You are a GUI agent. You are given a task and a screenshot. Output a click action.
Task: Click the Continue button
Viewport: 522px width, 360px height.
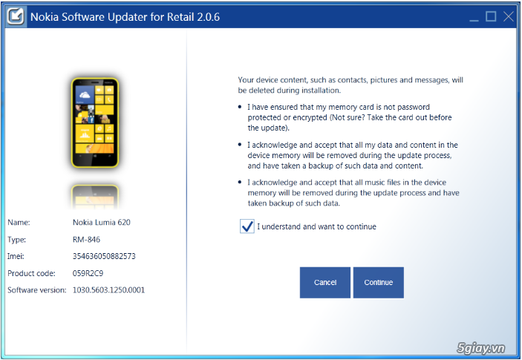(379, 283)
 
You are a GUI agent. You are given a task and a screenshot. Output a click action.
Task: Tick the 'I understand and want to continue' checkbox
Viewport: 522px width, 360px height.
(247, 226)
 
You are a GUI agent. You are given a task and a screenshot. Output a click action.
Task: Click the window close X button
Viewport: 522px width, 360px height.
(509, 16)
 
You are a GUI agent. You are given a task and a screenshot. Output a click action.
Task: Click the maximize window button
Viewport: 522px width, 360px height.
(491, 16)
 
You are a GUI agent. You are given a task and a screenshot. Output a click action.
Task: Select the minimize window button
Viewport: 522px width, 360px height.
(472, 16)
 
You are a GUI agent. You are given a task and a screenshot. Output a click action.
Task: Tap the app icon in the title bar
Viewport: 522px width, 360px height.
(16, 16)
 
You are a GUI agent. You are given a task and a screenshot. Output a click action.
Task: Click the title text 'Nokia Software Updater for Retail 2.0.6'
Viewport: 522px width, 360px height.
(125, 16)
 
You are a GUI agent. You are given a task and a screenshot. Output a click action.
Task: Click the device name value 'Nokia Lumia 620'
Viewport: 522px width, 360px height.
(102, 222)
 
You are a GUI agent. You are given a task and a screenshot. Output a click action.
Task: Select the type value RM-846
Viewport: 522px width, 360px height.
(86, 239)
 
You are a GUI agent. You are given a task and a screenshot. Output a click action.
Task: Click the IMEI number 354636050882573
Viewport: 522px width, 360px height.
(104, 256)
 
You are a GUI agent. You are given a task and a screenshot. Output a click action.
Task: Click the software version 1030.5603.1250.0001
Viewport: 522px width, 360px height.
(108, 290)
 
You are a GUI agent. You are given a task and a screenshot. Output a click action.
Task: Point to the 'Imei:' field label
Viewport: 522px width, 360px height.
(17, 256)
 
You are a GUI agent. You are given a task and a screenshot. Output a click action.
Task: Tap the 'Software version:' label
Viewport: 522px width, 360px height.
(37, 290)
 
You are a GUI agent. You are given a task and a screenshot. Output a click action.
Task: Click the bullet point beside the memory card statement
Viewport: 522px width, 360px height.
(241, 107)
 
